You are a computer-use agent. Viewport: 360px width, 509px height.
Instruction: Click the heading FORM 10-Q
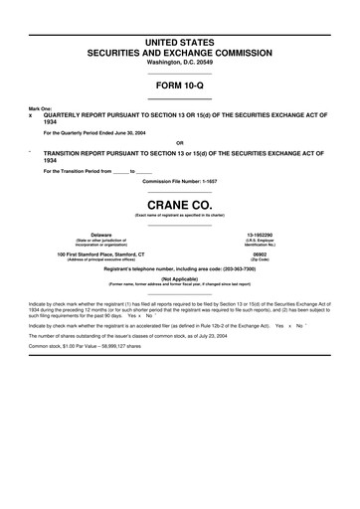pos(179,85)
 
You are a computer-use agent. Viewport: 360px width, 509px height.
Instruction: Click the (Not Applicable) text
pos(179,281)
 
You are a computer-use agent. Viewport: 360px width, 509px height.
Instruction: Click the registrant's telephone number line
pos(179,270)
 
